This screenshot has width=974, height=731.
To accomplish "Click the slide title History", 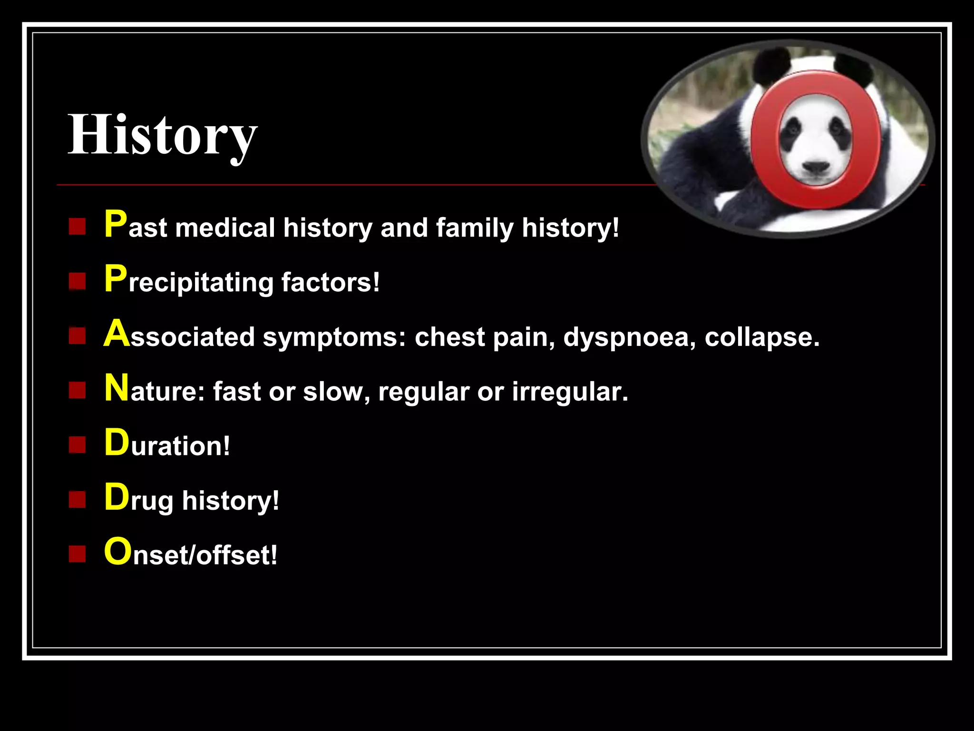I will coord(162,135).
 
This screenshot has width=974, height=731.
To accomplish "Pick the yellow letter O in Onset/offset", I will coord(117,552).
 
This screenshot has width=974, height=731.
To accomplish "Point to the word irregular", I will coord(570,392).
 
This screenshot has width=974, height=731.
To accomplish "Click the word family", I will coord(475,228).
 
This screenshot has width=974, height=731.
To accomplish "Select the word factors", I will coord(331,282).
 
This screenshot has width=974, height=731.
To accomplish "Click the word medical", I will coord(225,228).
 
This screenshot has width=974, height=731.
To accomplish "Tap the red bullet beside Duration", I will coord(77,445).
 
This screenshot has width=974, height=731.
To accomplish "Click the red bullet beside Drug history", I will coord(77,500).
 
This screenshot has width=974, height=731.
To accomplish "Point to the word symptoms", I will coord(334,338).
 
